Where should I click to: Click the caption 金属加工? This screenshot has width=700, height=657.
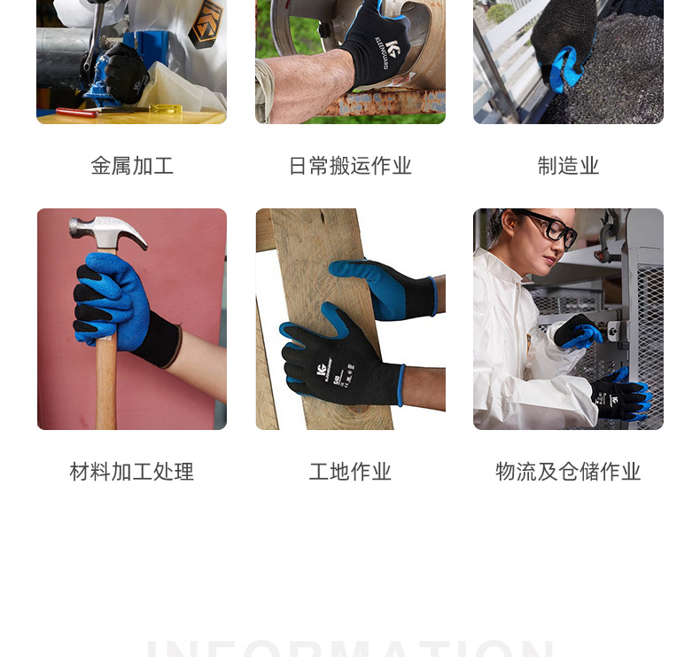point(132,166)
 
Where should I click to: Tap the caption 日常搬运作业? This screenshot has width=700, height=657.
point(350,166)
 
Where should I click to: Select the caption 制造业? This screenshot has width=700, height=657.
point(568,166)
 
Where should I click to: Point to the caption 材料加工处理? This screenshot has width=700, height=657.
point(132,472)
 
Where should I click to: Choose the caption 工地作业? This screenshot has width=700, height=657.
point(350,472)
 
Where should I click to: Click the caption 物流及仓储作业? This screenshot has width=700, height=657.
point(568,472)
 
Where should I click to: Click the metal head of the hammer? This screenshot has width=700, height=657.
point(108,231)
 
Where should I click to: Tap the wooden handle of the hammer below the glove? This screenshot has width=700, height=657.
point(106,390)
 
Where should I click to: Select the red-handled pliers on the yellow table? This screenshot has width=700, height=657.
point(80,113)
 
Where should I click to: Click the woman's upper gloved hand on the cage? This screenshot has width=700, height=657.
point(578,332)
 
